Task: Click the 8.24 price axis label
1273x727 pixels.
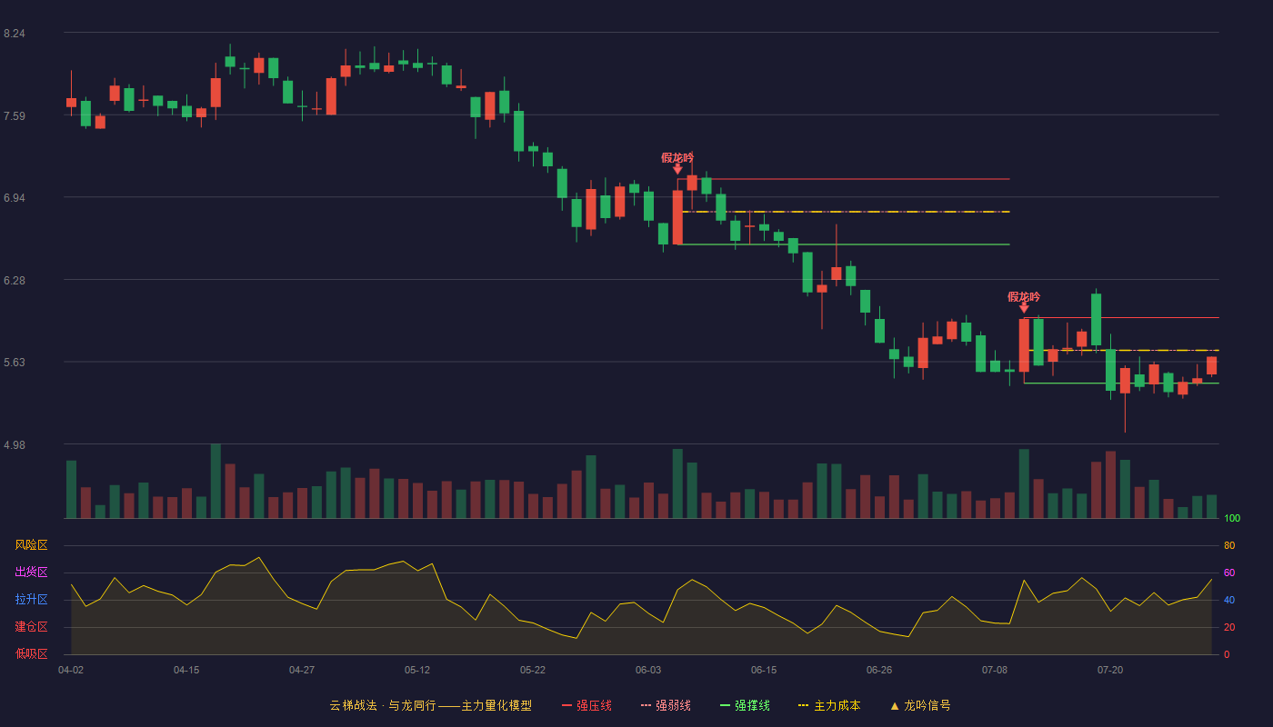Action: [15, 34]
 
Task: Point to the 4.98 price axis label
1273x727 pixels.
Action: [15, 444]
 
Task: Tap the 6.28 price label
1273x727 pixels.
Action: [15, 281]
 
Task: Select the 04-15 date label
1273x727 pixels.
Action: [186, 671]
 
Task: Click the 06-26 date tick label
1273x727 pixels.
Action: [879, 671]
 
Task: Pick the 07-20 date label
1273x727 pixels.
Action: [1110, 671]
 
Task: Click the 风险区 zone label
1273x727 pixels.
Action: [31, 545]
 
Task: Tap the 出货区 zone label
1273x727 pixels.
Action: [31, 572]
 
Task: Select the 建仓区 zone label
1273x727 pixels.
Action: [31, 626]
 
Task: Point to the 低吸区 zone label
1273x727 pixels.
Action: [31, 653]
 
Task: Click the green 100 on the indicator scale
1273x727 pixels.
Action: [1232, 518]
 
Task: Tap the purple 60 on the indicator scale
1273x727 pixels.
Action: [1229, 573]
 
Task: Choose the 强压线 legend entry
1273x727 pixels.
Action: [586, 705]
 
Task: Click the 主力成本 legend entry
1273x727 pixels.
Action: [829, 705]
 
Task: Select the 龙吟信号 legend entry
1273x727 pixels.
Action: [920, 705]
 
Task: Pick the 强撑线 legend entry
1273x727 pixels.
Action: [745, 705]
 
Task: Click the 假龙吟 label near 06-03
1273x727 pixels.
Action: [677, 157]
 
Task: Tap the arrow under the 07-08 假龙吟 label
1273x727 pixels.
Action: [1024, 308]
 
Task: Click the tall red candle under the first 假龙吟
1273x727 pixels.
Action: [677, 217]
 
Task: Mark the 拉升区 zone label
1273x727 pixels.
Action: [31, 599]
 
